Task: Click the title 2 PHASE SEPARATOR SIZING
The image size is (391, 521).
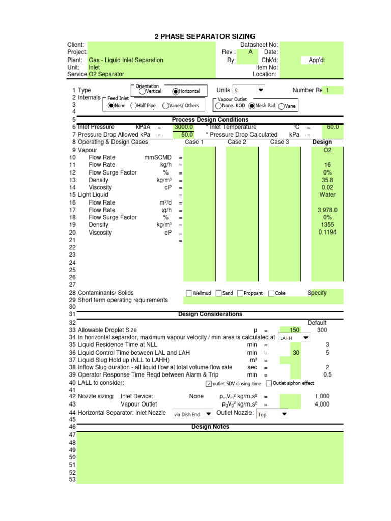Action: [205, 37]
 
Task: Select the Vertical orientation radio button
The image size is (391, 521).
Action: [143, 92]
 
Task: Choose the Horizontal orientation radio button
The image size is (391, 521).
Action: [176, 92]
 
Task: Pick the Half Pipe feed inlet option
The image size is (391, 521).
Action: [133, 106]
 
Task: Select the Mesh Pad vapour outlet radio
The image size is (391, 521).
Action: [252, 106]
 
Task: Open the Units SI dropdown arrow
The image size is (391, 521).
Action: [261, 90]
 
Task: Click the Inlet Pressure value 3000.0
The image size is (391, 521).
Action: [183, 127]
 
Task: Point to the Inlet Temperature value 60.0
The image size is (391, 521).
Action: [332, 127]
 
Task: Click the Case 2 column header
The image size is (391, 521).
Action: [237, 142]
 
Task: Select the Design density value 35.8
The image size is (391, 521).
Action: [327, 180]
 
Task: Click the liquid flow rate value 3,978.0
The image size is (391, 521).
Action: [327, 210]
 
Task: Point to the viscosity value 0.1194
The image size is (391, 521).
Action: [327, 233]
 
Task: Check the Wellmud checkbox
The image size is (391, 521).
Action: [189, 293]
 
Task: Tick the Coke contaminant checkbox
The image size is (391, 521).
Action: [271, 293]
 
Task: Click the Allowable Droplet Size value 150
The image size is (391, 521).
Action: [294, 330]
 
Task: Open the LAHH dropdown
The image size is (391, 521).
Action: [305, 337]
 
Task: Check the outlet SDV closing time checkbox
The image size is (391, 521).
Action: [209, 384]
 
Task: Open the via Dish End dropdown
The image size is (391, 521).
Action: [208, 414]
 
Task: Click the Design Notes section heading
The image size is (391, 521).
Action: [210, 427]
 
